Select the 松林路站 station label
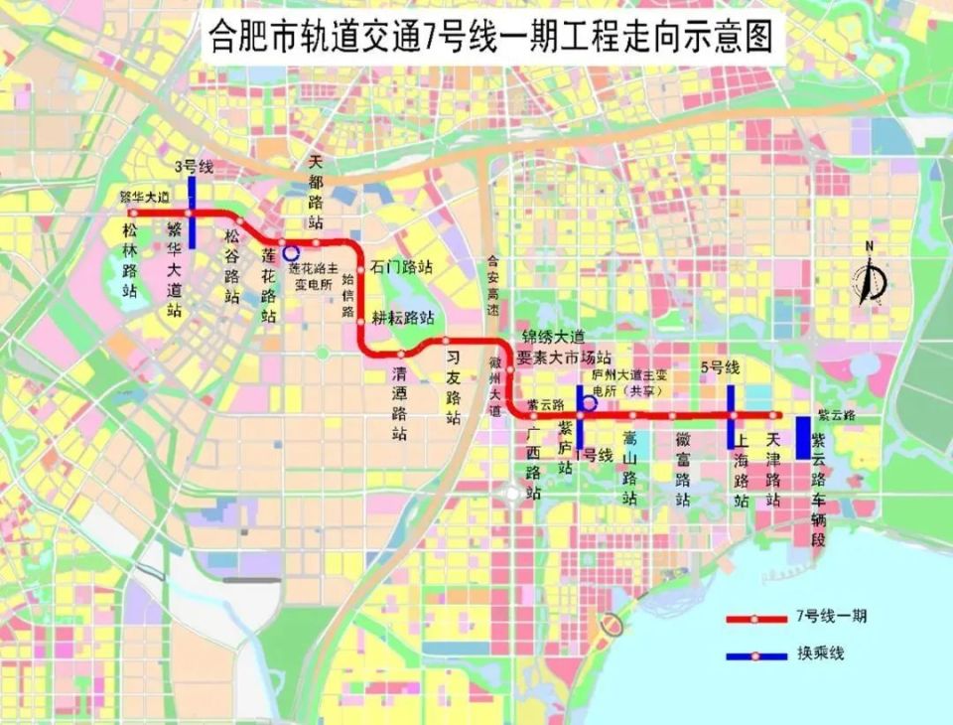click(130, 261)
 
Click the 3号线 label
click(193, 166)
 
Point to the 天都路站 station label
click(316, 190)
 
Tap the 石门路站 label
click(401, 266)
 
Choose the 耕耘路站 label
click(403, 318)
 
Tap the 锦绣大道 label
click(552, 339)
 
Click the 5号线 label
click(720, 367)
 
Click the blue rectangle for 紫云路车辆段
click(803, 437)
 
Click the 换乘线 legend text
click(823, 653)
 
